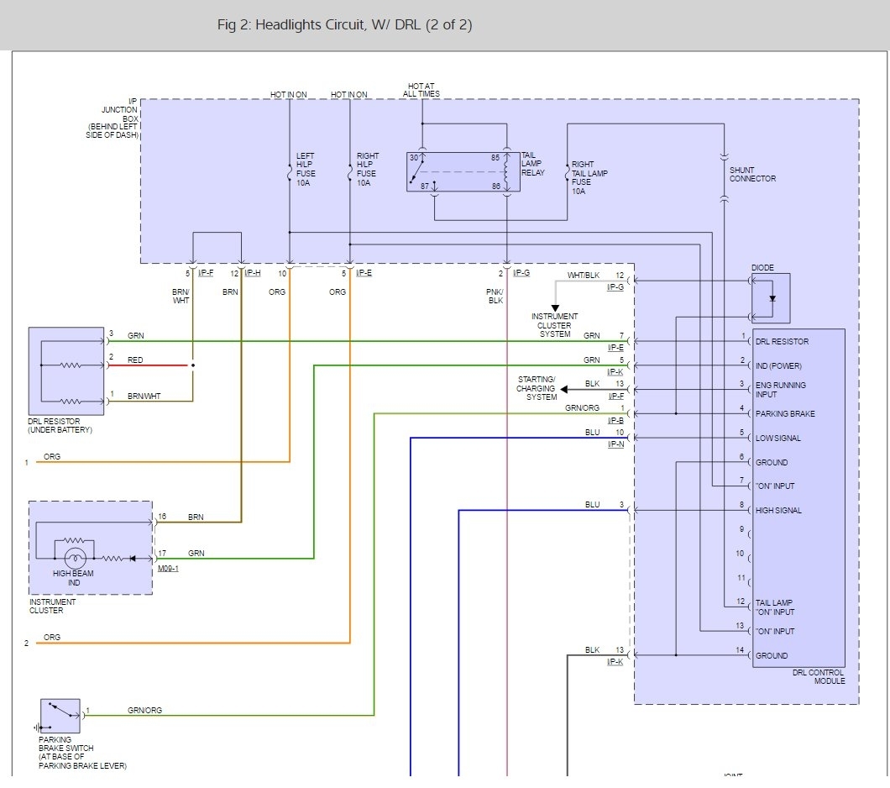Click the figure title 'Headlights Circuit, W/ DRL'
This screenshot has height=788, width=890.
pyautogui.click(x=344, y=25)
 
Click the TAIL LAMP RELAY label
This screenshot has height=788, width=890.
pyautogui.click(x=532, y=165)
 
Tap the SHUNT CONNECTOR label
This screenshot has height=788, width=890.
pyautogui.click(x=752, y=174)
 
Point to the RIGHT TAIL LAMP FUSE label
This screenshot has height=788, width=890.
pyautogui.click(x=589, y=177)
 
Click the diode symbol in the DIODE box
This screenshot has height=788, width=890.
pyautogui.click(x=772, y=298)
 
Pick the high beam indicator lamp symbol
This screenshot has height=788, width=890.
pyautogui.click(x=76, y=557)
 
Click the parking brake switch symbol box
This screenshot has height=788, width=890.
pyautogui.click(x=60, y=715)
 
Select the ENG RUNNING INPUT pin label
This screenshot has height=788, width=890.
pyautogui.click(x=780, y=389)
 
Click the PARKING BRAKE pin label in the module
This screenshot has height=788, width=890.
pyautogui.click(x=785, y=413)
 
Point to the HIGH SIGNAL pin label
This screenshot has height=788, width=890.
pyautogui.click(x=778, y=510)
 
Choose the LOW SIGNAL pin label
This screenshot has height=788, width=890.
pyautogui.click(x=777, y=438)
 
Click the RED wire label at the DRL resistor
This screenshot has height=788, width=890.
pyautogui.click(x=135, y=360)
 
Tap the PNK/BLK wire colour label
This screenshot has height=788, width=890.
pyautogui.click(x=496, y=296)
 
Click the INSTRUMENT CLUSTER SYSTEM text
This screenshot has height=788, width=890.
pyautogui.click(x=554, y=325)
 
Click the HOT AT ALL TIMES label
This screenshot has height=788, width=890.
pyautogui.click(x=421, y=90)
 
